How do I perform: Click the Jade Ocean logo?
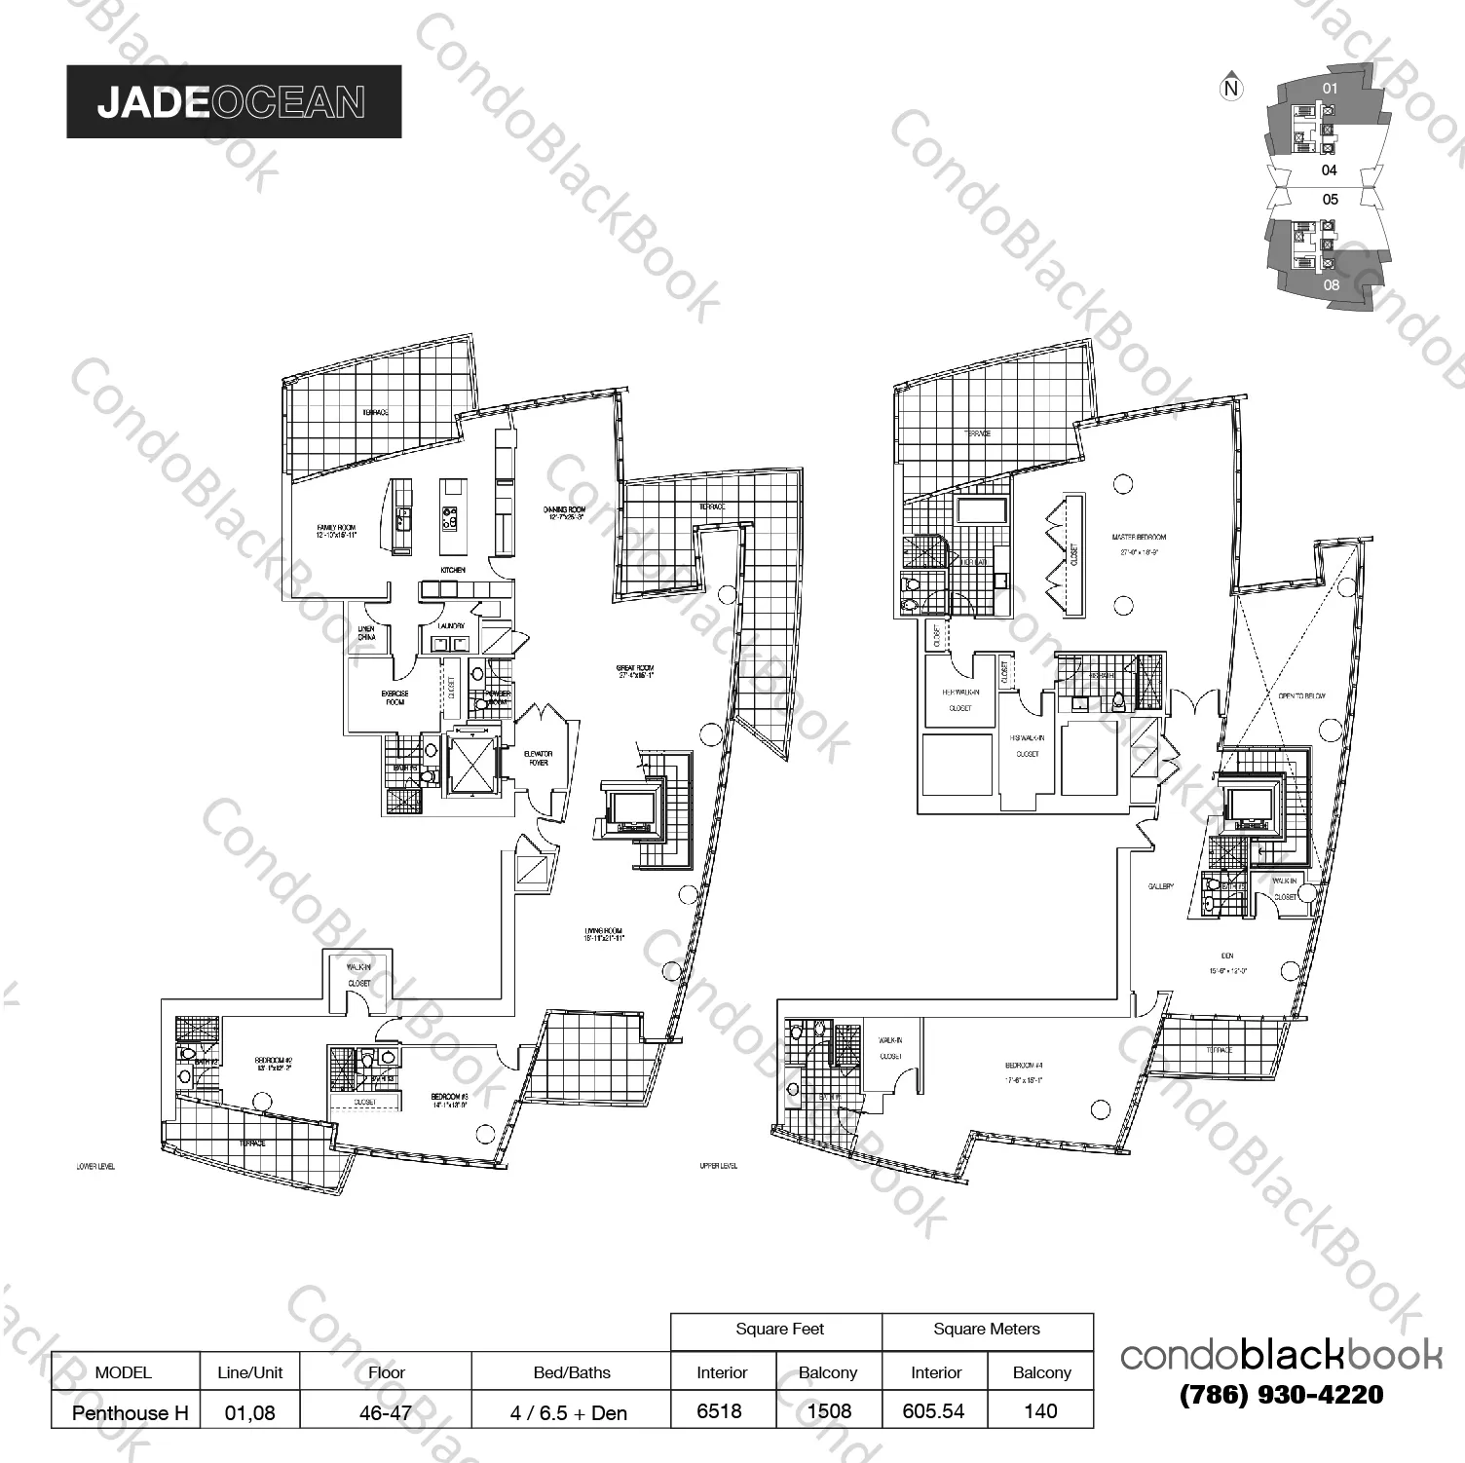tap(233, 101)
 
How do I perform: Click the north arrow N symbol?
tap(1232, 89)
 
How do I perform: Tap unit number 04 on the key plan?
tap(1330, 170)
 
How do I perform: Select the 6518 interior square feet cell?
tap(722, 1410)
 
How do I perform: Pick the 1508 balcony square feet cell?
tap(828, 1410)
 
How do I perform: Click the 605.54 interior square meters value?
tap(934, 1410)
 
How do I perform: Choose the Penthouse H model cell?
tap(126, 1411)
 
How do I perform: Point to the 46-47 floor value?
tap(386, 1411)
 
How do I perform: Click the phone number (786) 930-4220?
tap(1281, 1395)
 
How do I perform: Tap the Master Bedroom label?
tap(1138, 537)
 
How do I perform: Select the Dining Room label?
tap(564, 509)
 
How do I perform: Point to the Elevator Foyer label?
tap(539, 758)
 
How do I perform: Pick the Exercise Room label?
tap(395, 697)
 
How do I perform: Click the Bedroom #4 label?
tap(1027, 1066)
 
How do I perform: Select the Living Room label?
tap(603, 931)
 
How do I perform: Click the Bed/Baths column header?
tap(571, 1372)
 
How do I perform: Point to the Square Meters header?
tap(986, 1330)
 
